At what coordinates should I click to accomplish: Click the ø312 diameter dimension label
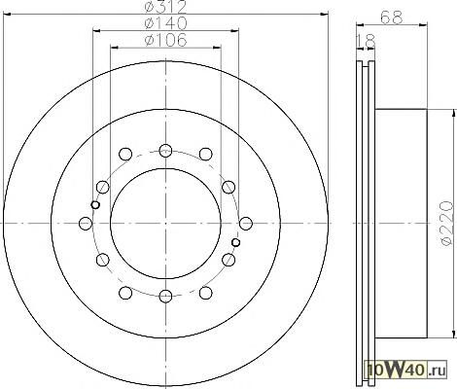pyautogui.click(x=165, y=7)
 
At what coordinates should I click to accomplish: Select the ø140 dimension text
pyautogui.click(x=165, y=23)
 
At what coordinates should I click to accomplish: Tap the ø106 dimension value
pyautogui.click(x=165, y=40)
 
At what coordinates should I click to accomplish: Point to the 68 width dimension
pyautogui.click(x=392, y=18)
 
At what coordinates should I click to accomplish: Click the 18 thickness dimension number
pyautogui.click(x=366, y=41)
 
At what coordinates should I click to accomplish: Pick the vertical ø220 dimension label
pyautogui.click(x=446, y=224)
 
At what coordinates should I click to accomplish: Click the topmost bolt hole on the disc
pyautogui.click(x=165, y=151)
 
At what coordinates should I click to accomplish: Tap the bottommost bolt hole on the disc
pyautogui.click(x=165, y=296)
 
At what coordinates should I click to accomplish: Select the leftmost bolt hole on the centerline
pyautogui.click(x=86, y=224)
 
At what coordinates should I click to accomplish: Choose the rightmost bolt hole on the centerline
pyautogui.click(x=246, y=224)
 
